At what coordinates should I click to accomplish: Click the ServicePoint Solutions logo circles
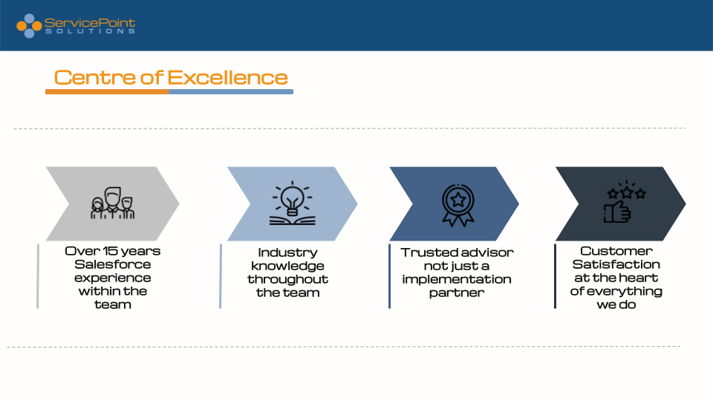[x=29, y=26]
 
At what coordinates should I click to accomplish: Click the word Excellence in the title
[x=228, y=78]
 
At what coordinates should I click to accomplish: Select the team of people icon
[x=112, y=203]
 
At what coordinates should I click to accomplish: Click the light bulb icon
[x=293, y=203]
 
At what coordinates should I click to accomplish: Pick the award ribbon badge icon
[x=458, y=205]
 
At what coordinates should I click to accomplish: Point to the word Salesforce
[x=113, y=264]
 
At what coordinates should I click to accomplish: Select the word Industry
[x=288, y=252]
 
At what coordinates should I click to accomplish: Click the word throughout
[x=288, y=279]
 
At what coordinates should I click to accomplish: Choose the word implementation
[x=457, y=279]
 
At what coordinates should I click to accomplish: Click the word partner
[x=457, y=293]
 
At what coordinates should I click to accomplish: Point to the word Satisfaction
[x=616, y=264]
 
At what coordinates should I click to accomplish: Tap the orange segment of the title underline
[x=107, y=92]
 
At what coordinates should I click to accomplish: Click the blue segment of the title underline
[x=231, y=92]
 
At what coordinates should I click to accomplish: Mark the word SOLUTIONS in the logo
[x=90, y=31]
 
